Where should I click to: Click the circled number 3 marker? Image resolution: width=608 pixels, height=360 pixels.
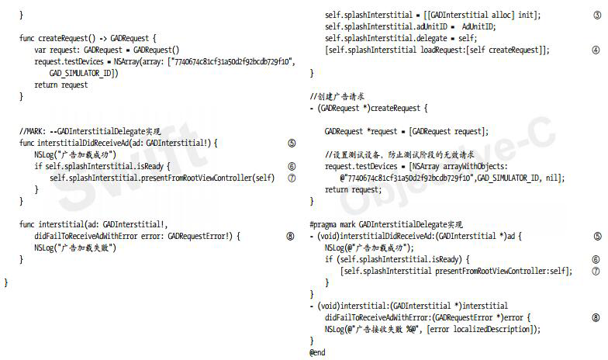tap(595, 15)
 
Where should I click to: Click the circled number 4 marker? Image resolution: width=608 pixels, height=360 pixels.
tap(595, 49)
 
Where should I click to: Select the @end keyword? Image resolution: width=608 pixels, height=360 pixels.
tap(317, 352)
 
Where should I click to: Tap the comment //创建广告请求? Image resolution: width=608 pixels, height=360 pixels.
tap(337, 96)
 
